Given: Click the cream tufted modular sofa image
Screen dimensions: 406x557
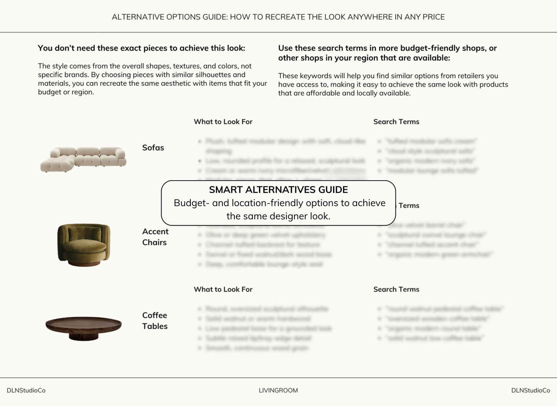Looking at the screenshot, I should [83, 159].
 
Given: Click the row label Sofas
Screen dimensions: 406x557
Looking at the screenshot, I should [153, 148].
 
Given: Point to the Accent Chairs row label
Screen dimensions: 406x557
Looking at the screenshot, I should [155, 237].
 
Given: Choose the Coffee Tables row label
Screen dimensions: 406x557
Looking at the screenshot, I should [155, 320].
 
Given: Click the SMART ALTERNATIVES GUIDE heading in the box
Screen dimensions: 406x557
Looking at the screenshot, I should [278, 190].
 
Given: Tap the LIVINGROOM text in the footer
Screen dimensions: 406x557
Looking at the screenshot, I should [278, 390].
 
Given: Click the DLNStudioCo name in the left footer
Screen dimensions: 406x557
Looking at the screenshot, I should [26, 390].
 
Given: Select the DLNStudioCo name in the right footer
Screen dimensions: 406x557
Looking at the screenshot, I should [530, 390].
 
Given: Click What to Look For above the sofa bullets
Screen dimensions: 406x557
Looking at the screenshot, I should [223, 122].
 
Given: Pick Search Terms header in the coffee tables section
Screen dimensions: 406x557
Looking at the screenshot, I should [396, 289].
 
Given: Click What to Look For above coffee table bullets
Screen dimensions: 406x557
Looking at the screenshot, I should [223, 289].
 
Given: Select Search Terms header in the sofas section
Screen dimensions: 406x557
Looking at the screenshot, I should [396, 122].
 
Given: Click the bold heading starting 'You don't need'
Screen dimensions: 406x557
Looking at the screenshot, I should [141, 48].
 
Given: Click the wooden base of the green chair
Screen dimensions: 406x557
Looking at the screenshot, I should [84, 263].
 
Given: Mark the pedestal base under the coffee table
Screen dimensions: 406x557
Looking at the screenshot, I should [84, 336].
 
